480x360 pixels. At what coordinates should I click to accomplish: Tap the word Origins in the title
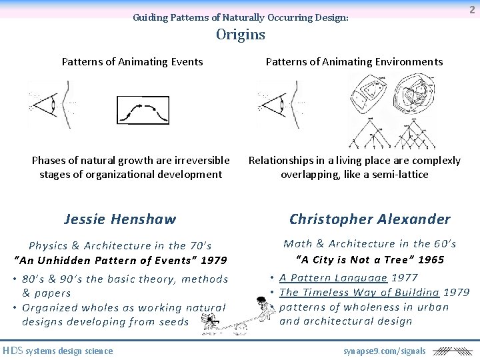(x=240, y=35)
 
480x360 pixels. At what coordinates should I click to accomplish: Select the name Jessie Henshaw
(x=120, y=219)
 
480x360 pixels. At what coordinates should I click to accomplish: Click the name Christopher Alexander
(x=370, y=219)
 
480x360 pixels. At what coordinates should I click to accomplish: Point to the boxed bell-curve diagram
(x=143, y=110)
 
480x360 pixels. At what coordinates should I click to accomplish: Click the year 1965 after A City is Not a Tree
(x=430, y=259)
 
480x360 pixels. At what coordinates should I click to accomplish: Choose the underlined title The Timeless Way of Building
(x=359, y=292)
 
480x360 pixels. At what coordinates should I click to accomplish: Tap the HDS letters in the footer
(x=13, y=351)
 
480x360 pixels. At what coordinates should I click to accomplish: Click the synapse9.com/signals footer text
(x=385, y=351)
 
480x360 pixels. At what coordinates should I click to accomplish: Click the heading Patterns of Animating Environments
(x=354, y=62)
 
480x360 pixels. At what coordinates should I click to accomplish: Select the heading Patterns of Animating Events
(x=132, y=62)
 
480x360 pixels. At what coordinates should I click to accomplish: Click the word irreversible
(x=199, y=161)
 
